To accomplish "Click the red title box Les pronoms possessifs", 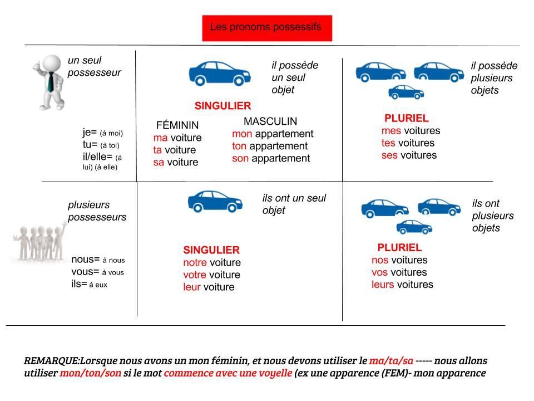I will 267,28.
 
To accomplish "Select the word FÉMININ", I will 177,125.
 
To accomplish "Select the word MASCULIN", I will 270,121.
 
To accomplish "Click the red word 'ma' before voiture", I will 160,138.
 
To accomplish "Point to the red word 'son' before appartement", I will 240,158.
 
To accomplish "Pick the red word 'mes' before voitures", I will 389,131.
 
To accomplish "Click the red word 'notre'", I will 195,262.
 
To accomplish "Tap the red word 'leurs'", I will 382,285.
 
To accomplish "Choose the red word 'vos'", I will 380,272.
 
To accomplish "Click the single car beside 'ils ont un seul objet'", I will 215,202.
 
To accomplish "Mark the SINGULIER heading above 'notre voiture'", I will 211,250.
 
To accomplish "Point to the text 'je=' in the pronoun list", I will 90,133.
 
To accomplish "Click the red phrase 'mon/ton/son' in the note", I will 90,373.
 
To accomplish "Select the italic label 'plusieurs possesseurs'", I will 97,211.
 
